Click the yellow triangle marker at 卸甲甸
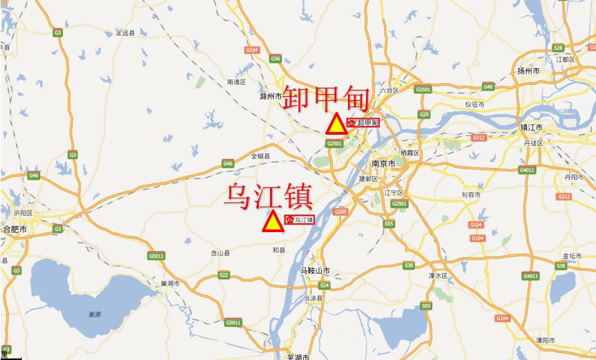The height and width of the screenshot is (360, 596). point(336,124)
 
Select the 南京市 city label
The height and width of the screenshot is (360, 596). point(383,164)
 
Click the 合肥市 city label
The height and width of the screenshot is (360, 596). point(15,228)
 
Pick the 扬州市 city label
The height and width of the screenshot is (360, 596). point(528,71)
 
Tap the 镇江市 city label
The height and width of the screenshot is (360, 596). point(532,128)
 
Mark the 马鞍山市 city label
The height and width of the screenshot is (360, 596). point(316,270)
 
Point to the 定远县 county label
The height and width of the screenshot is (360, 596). point(124,32)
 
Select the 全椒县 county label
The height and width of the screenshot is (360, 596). point(260,155)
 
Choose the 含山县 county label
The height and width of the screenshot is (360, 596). point(219,253)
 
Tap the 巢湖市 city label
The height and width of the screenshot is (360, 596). point(169,283)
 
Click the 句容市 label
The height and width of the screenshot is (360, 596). point(472,195)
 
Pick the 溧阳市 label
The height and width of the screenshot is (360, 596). point(544,341)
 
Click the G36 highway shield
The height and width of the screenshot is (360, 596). point(276,59)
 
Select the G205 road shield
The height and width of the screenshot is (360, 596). point(340,211)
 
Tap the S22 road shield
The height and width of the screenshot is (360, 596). point(224,275)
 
